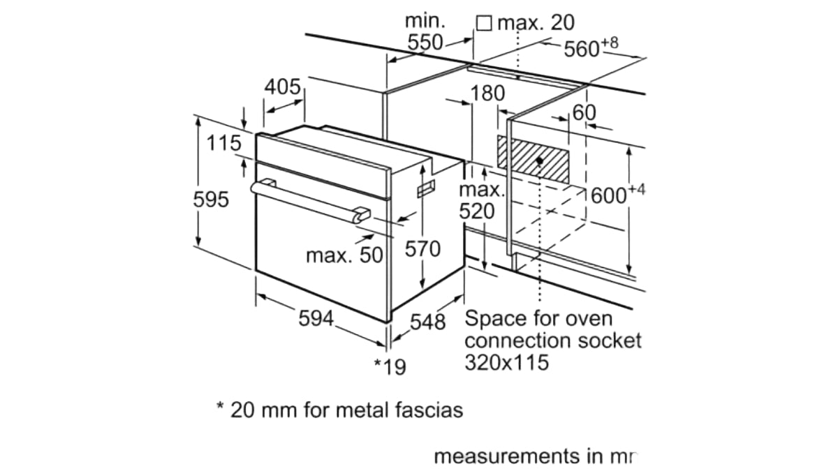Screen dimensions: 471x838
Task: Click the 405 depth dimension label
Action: click(283, 88)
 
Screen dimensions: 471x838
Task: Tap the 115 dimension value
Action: click(224, 144)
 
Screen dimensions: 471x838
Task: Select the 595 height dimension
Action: click(211, 200)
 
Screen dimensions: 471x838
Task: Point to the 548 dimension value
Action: click(427, 322)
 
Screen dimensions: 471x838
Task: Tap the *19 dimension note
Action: click(390, 366)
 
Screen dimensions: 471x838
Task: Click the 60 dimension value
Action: click(585, 112)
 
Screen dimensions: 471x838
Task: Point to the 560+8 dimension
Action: click(591, 47)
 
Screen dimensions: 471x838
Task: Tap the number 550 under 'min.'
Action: click(425, 42)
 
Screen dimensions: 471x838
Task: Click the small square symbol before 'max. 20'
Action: click(483, 23)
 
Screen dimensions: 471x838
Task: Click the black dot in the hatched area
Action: click(541, 160)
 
